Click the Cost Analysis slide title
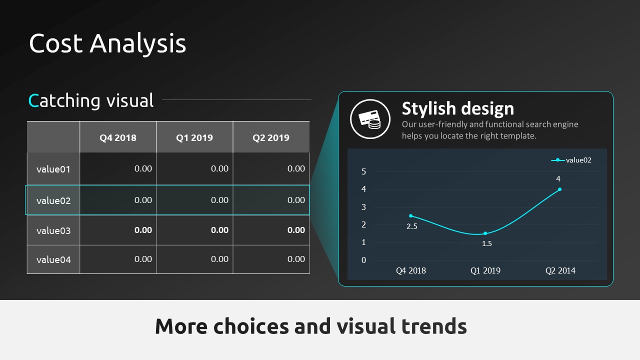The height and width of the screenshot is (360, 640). click(107, 43)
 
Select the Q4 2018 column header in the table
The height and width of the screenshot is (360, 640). click(118, 137)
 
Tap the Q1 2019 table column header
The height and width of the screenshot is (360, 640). click(194, 137)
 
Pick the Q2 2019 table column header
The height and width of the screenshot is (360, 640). click(271, 137)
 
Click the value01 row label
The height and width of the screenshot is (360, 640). click(53, 169)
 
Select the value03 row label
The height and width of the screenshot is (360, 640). click(53, 230)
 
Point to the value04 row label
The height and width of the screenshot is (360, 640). click(53, 259)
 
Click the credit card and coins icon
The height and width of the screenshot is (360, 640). click(370, 119)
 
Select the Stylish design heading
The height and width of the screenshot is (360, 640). click(457, 108)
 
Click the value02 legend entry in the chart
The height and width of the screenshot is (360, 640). click(571, 160)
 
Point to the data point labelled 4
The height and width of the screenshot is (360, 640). click(559, 189)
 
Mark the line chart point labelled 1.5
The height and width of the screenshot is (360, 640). click(485, 233)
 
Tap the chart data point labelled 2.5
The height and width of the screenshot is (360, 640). click(411, 215)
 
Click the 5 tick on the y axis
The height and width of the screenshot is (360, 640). click(363, 171)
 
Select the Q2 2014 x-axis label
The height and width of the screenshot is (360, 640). click(560, 270)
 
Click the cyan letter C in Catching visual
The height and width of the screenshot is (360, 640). click(33, 101)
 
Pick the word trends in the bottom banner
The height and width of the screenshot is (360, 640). click(434, 326)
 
